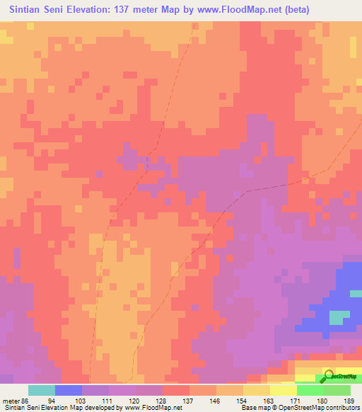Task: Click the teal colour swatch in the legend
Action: (42, 390)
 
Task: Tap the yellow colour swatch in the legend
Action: (284, 390)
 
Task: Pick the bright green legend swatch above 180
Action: (310, 390)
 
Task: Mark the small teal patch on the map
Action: (339, 317)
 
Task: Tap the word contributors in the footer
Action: (339, 408)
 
